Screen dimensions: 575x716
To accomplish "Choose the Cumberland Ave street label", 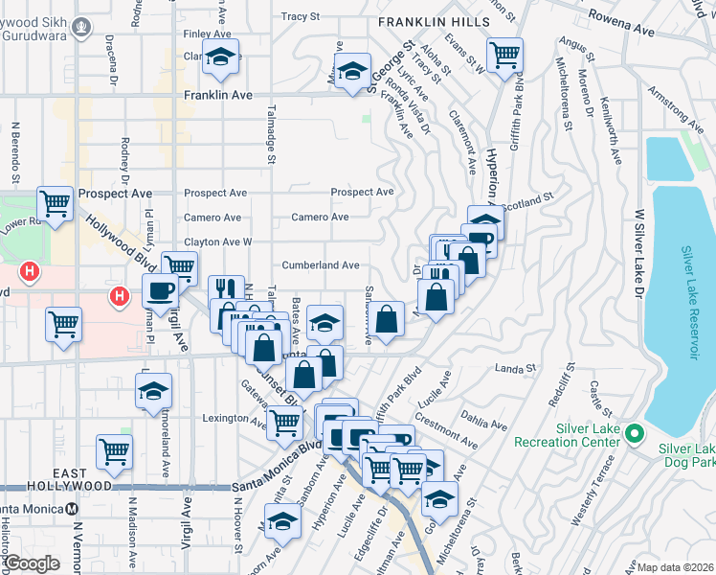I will [x=320, y=265].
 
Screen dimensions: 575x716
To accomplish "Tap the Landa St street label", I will [x=513, y=368].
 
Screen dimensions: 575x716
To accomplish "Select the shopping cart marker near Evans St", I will [x=503, y=55].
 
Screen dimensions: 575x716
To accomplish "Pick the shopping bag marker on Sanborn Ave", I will [x=387, y=319].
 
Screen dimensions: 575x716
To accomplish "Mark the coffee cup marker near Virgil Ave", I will [x=159, y=290].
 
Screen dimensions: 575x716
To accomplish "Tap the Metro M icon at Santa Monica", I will [x=73, y=509].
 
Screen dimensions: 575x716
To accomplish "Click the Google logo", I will [x=33, y=563].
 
